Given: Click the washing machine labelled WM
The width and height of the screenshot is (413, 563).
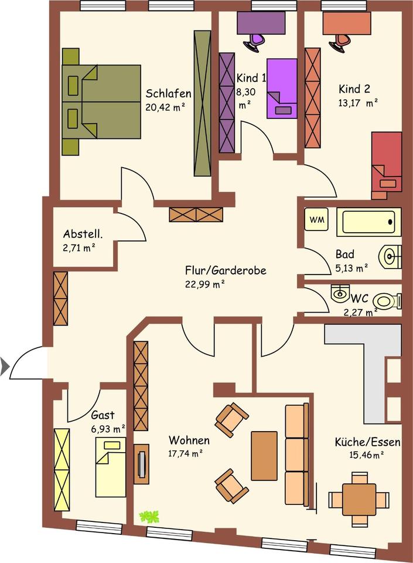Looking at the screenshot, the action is pos(316,220).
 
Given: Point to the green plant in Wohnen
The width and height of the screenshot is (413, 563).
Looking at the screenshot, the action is pos(149,517).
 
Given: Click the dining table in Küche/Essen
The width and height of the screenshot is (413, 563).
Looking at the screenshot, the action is pos(359,499).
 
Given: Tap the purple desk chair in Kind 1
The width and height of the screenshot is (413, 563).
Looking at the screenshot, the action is pos(255,41).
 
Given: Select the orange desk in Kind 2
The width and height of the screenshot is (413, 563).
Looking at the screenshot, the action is pos(346,23).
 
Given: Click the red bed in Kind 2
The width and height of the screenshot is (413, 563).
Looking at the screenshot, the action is pos(387,161).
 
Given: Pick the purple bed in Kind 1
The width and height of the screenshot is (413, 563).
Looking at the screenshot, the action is pos(282,88).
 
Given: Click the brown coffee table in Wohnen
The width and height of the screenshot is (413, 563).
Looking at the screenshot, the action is pos(264,456).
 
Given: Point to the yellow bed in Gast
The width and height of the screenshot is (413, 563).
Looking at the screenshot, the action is pos(110,466).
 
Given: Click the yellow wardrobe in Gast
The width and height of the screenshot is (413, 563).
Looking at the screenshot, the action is pos(62,469).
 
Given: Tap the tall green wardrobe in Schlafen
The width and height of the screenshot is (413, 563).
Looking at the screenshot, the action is pos(202,103).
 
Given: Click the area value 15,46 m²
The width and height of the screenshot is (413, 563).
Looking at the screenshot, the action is pos(367,454).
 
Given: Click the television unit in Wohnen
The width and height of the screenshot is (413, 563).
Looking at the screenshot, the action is pos(141,464).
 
